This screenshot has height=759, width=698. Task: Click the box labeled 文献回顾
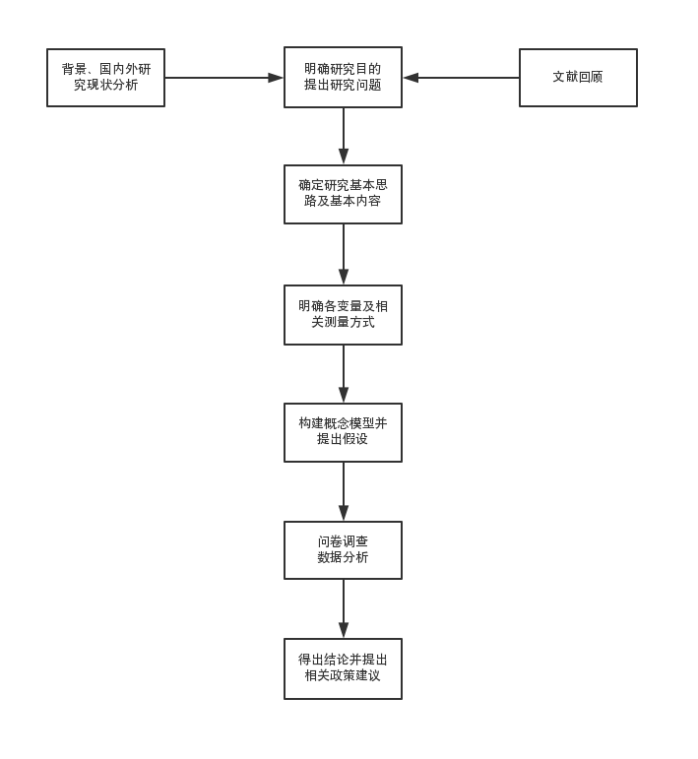click(578, 77)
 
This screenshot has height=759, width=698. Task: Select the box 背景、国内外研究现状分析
click(105, 77)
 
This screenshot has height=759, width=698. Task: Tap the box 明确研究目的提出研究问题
click(343, 77)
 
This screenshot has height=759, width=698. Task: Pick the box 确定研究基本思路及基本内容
click(343, 194)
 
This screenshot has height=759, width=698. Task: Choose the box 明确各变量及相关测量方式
click(343, 314)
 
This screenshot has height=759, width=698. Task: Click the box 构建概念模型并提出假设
click(343, 431)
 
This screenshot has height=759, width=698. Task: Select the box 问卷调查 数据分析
click(343, 549)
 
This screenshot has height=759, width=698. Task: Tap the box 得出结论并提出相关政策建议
click(343, 668)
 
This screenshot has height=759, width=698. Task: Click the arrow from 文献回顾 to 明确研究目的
click(461, 77)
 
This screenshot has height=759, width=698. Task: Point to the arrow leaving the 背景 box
click(223, 77)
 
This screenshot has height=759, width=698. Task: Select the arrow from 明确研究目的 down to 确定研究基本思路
click(343, 136)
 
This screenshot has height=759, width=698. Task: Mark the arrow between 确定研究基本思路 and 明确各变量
click(343, 254)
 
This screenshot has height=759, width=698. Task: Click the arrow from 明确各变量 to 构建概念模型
click(343, 374)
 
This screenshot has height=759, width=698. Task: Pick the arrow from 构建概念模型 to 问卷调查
click(343, 491)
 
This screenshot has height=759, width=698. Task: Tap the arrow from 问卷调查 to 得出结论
click(343, 608)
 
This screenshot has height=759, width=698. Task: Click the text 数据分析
click(343, 557)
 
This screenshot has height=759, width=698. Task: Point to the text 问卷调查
click(343, 541)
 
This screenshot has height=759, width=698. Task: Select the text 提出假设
click(343, 439)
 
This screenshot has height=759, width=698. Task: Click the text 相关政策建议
click(343, 676)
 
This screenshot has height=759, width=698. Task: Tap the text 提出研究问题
click(343, 85)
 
